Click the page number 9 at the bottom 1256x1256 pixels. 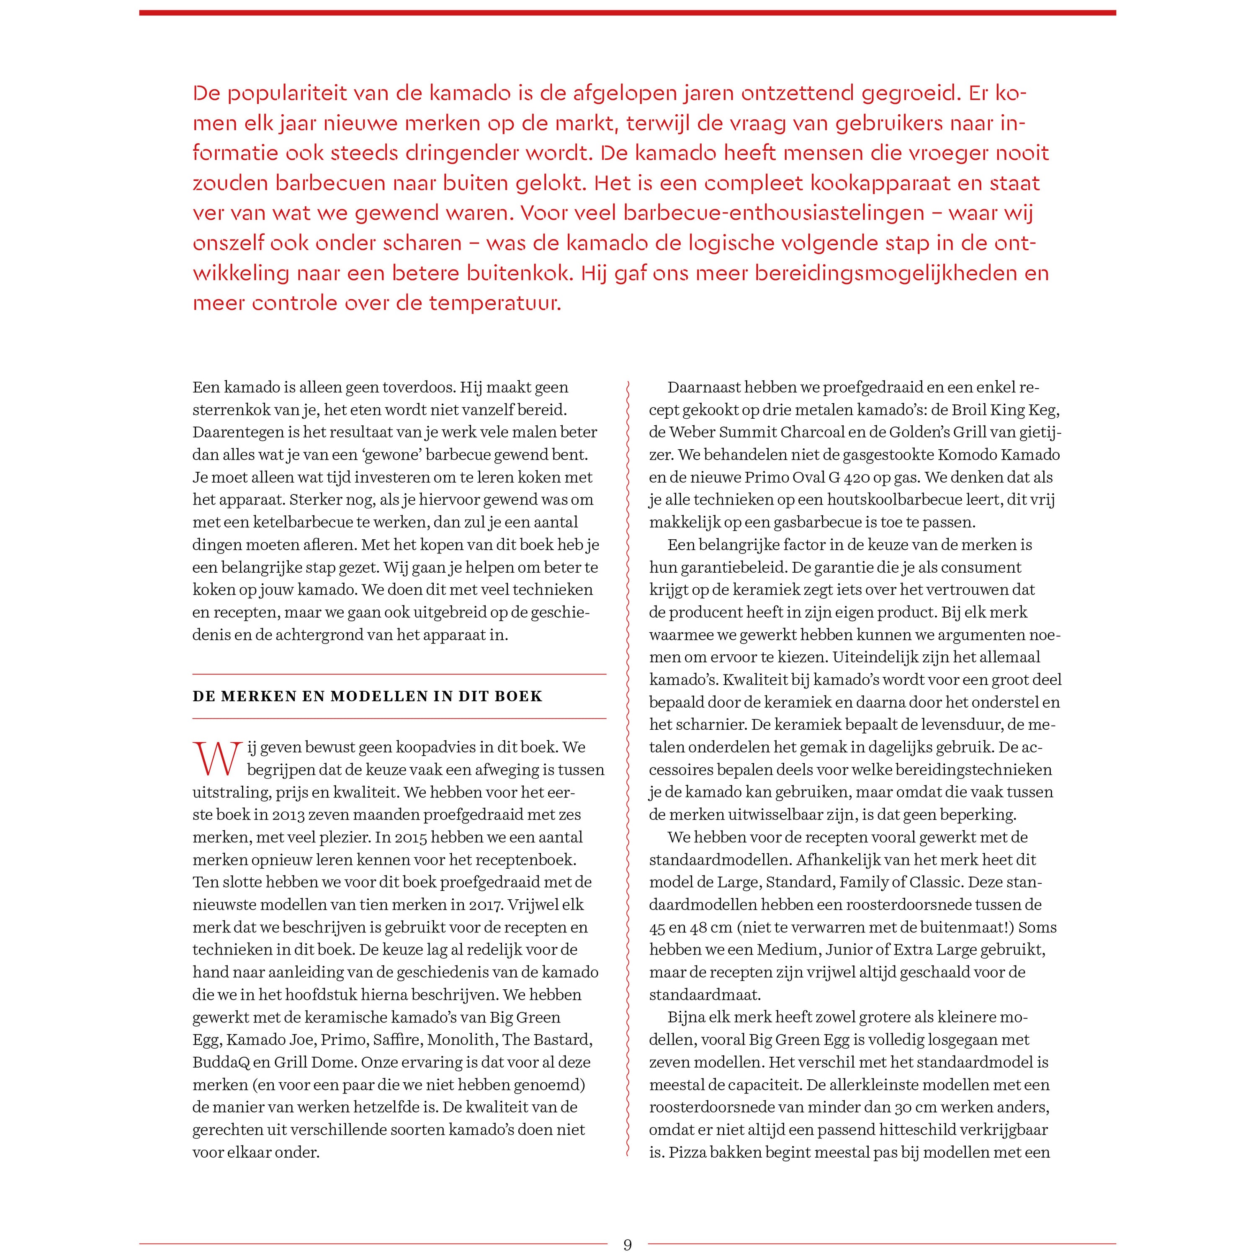(627, 1244)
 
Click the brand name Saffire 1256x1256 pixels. (396, 1040)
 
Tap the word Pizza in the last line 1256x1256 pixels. (692, 1153)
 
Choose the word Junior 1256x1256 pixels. (850, 950)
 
